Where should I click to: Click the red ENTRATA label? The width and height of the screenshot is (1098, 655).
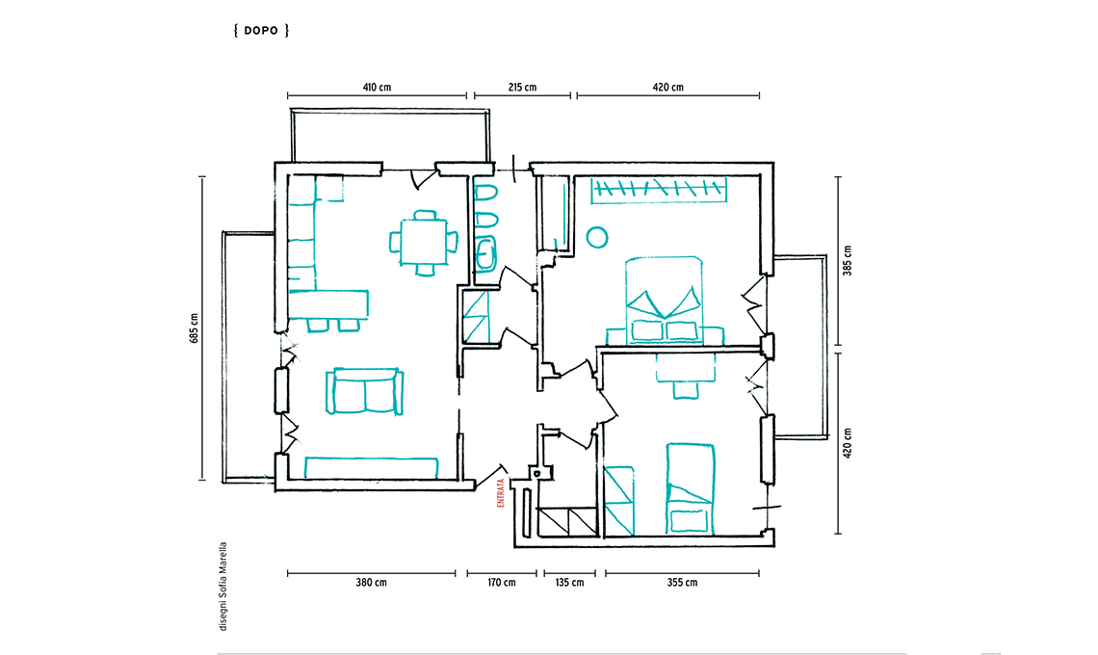[501, 493]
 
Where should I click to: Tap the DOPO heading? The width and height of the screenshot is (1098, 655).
[261, 30]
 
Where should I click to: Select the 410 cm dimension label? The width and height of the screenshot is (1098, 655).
[377, 88]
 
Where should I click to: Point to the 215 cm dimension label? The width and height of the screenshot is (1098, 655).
[522, 88]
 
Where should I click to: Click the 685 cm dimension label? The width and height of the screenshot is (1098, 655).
[194, 327]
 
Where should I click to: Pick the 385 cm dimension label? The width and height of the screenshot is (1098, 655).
[848, 261]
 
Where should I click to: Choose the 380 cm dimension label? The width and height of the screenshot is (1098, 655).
[371, 582]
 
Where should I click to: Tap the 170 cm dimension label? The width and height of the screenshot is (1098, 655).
[502, 582]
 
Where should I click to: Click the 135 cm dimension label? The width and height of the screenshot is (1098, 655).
[569, 582]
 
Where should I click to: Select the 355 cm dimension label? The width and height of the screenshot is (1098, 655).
[682, 582]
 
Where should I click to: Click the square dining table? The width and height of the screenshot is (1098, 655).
[424, 243]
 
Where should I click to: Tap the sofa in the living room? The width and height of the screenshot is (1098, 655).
[364, 391]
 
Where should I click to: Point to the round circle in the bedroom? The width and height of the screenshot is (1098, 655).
[596, 238]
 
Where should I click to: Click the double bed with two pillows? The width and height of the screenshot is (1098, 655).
[664, 300]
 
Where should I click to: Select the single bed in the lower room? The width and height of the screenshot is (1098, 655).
[690, 489]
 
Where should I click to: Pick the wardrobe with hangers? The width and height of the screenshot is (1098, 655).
[658, 190]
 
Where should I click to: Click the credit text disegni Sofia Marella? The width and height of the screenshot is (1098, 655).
[223, 587]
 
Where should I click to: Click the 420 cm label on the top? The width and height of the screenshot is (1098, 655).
[668, 88]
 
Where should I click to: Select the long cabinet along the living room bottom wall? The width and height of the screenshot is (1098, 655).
[371, 468]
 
